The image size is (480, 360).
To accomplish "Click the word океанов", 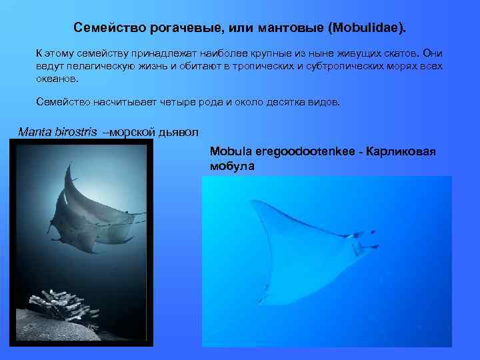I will coord(57,78).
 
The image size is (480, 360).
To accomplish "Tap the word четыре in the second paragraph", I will coord(177,103).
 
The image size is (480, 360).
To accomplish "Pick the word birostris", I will coord(75,131).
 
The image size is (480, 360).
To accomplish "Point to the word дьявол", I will coord(177,131).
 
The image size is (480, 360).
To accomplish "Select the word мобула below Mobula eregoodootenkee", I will coord(232,166).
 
